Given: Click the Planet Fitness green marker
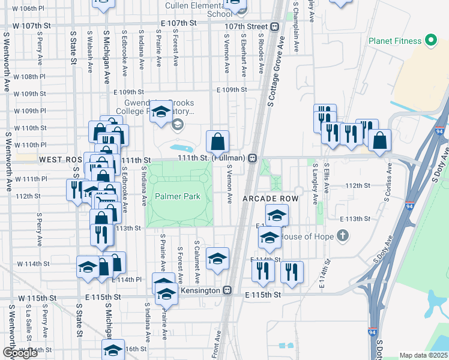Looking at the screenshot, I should tap(430, 41).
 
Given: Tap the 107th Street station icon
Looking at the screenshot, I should tap(274, 26).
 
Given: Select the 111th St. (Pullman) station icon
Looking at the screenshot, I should tap(253, 158).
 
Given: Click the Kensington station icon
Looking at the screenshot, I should tap(227, 290).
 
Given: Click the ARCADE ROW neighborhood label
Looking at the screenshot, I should tap(270, 198).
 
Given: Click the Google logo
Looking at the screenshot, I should tap(20, 352).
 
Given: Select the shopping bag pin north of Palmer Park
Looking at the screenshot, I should tap(217, 142).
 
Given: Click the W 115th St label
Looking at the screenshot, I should tap(37, 298).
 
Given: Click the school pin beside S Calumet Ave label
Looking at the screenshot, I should tap(217, 258).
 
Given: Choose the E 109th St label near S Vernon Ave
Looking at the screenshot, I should tap(231, 90).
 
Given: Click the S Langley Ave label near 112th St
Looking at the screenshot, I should tap(315, 186).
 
